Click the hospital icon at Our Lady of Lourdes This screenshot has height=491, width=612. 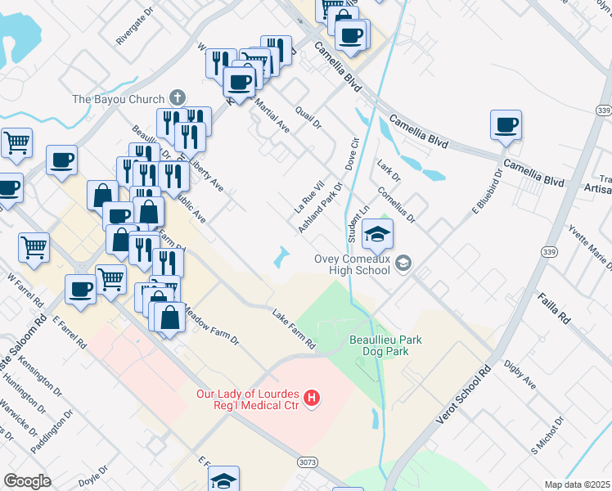[x=311, y=399]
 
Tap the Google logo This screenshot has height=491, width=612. [x=28, y=481]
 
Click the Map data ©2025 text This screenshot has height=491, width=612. [x=576, y=484]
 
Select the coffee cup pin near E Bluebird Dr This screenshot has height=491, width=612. [x=506, y=125]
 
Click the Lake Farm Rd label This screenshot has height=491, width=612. [x=294, y=329]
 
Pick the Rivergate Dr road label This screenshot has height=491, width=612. [x=135, y=28]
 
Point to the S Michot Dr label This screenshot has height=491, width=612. [x=547, y=435]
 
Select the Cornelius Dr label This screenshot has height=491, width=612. [x=397, y=204]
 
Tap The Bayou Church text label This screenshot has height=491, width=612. [x=119, y=100]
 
